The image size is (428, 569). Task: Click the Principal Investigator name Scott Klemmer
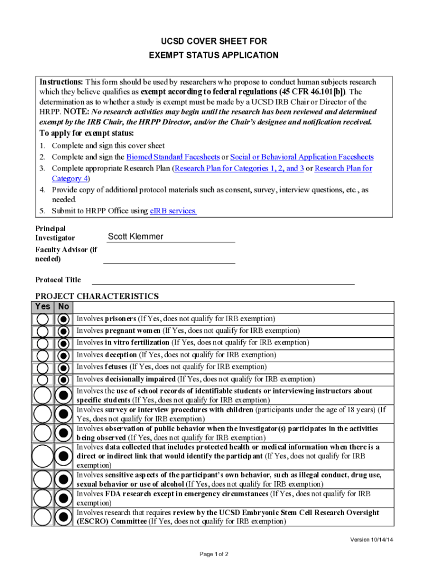136,237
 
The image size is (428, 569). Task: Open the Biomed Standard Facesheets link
172,157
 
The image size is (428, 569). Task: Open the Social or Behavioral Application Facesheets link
301,157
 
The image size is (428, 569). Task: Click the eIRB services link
173,211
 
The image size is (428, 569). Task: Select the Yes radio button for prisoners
43,320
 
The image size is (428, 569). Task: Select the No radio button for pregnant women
63,331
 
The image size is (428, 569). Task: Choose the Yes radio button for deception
43,355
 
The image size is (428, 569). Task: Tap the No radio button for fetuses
63,367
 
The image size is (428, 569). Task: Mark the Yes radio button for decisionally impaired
43,380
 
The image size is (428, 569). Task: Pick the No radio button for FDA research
63,497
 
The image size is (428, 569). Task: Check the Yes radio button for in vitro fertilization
43,343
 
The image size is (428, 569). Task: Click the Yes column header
43,307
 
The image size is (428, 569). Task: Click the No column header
63,307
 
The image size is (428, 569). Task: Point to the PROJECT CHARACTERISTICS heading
97,296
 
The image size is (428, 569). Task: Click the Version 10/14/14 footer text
372,540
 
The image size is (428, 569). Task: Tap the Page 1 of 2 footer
213,555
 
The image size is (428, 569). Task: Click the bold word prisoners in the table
121,319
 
